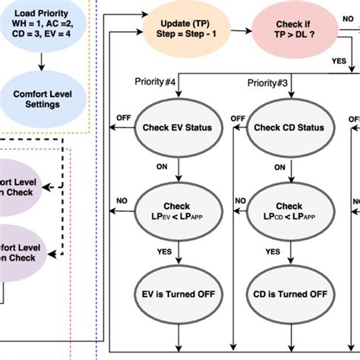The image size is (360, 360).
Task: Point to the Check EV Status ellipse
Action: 178,128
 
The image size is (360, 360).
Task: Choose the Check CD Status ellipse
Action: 289,128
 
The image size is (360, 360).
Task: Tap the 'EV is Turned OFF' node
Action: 178,294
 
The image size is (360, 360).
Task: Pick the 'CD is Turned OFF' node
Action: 289,294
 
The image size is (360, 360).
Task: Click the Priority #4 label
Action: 156,82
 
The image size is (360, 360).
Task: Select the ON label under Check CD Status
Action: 279,166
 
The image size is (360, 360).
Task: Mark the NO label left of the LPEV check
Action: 122,201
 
